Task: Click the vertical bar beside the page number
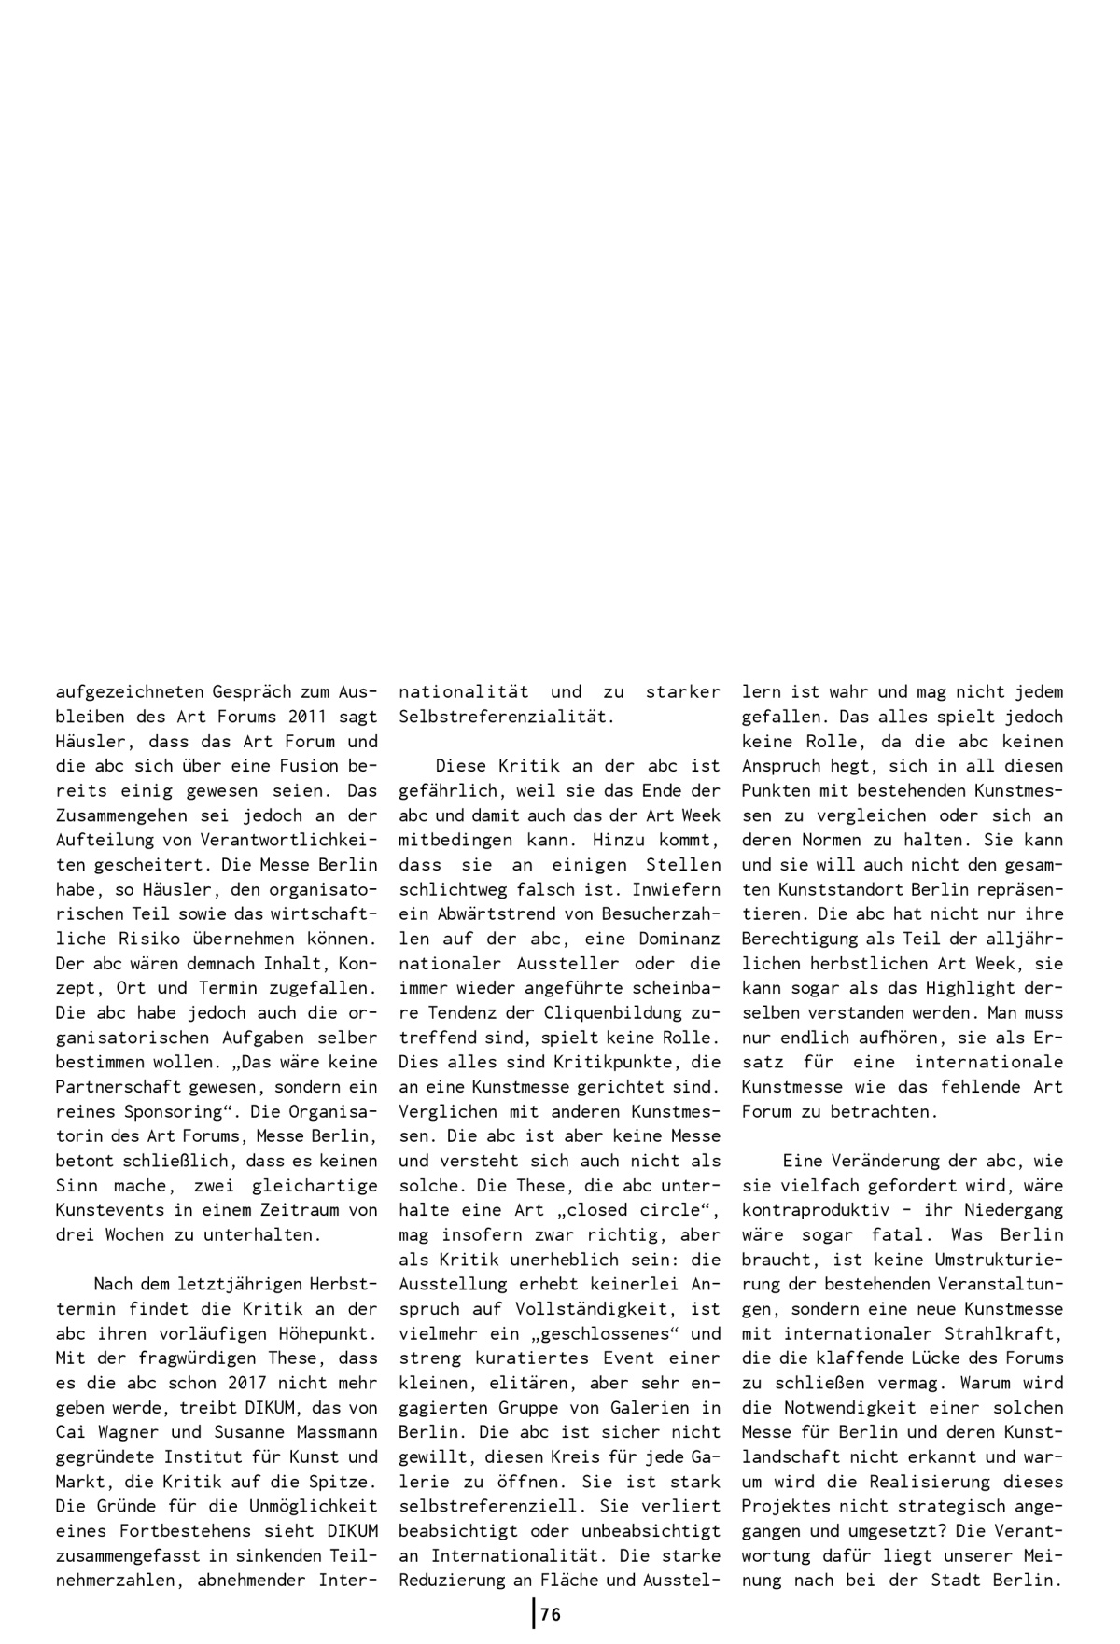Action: pyautogui.click(x=534, y=1613)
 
